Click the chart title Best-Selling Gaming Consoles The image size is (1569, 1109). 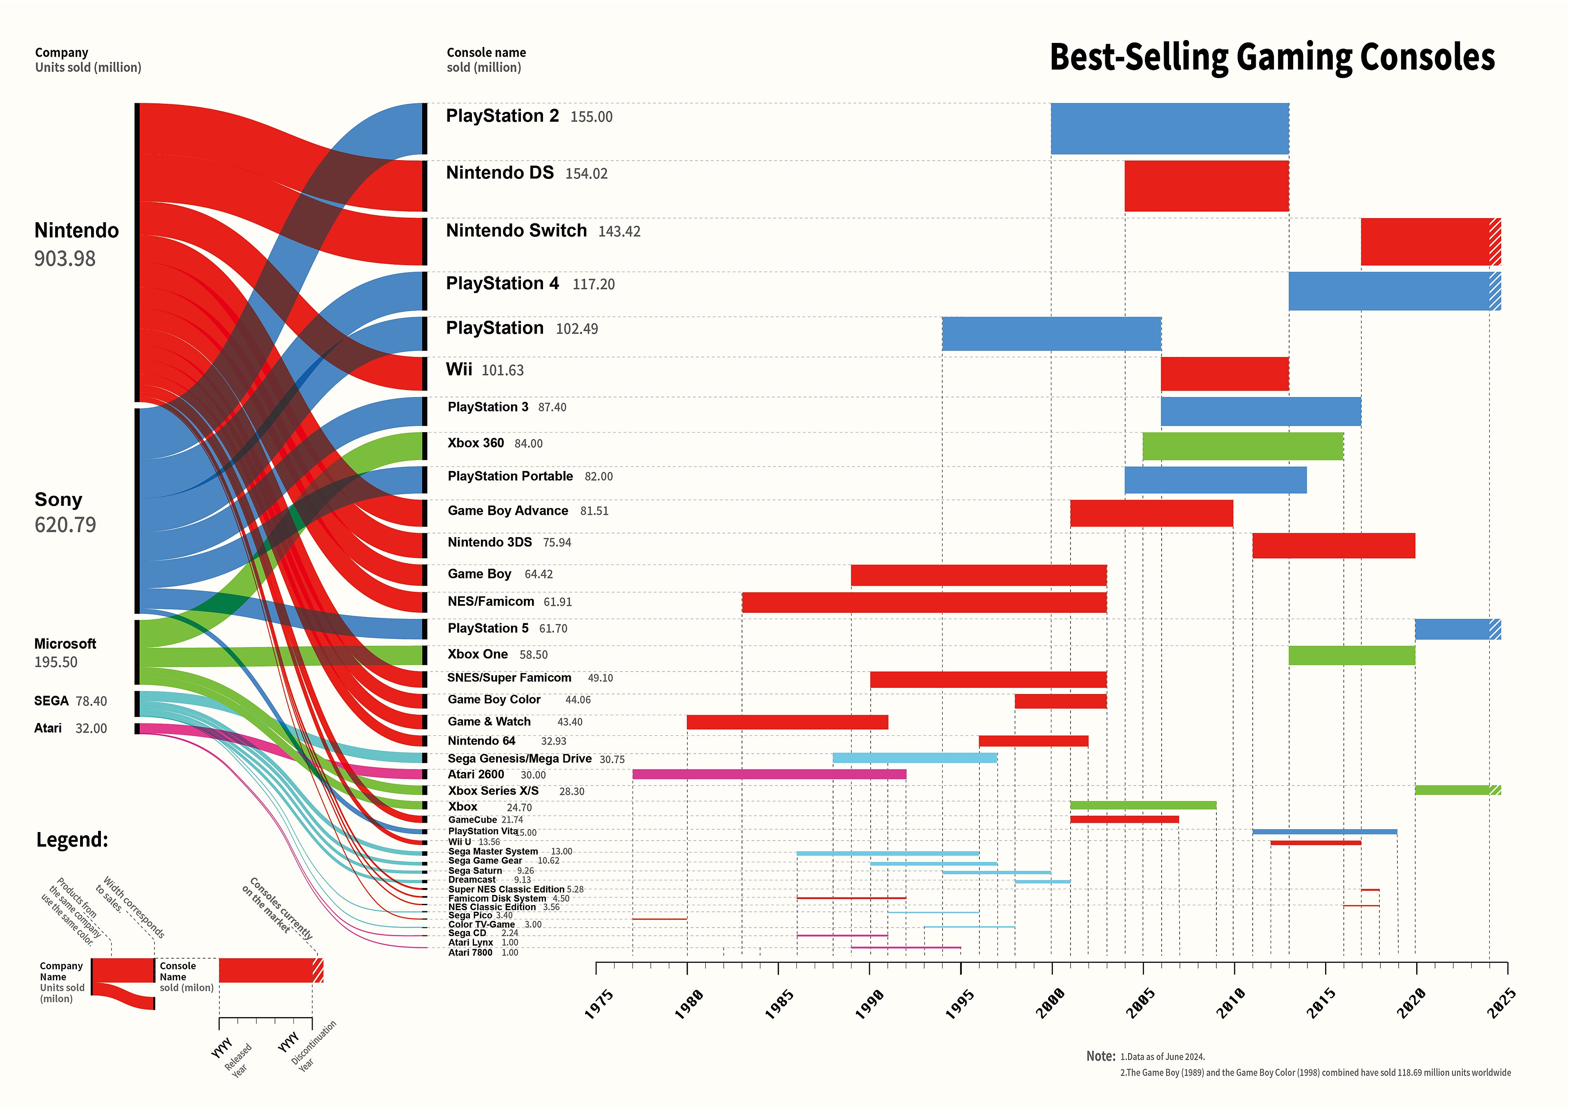1271,58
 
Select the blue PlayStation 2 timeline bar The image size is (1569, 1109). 1169,128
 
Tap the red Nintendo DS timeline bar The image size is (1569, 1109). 1206,186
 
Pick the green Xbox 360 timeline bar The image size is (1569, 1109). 1243,446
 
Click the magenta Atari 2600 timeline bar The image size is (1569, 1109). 769,774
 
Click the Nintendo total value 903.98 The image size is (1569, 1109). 65,259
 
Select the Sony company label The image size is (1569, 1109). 58,500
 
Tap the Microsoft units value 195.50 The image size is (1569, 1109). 56,662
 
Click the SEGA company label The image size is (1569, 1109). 51,701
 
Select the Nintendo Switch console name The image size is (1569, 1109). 516,231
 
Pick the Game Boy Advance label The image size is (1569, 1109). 508,511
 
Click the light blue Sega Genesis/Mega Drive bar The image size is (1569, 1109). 914,758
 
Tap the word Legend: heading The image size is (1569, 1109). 72,840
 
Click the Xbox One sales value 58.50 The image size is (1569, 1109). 533,655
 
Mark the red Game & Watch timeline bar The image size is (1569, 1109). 787,722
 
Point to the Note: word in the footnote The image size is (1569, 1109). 1100,1056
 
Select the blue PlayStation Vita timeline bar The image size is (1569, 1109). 1324,832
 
